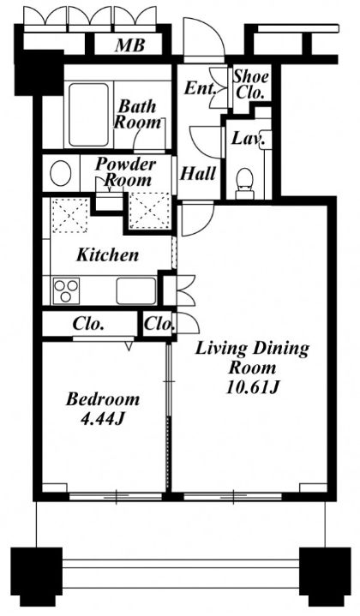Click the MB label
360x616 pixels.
tap(130, 45)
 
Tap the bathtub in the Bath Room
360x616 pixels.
tap(88, 114)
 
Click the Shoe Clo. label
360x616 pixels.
tap(251, 85)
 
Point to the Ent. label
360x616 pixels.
tap(200, 88)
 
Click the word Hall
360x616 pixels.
tap(198, 174)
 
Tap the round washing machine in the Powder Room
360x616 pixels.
tap(61, 173)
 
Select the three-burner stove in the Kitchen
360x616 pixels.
tap(66, 290)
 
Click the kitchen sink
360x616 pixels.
tap(136, 290)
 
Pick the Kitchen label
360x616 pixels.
tap(108, 255)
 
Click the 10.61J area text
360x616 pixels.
tap(253, 388)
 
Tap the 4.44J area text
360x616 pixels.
tap(103, 419)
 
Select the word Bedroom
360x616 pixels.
tap(103, 399)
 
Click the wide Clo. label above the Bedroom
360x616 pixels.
tap(88, 325)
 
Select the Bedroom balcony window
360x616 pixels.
tap(116, 497)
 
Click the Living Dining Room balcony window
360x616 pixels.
tap(232, 497)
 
